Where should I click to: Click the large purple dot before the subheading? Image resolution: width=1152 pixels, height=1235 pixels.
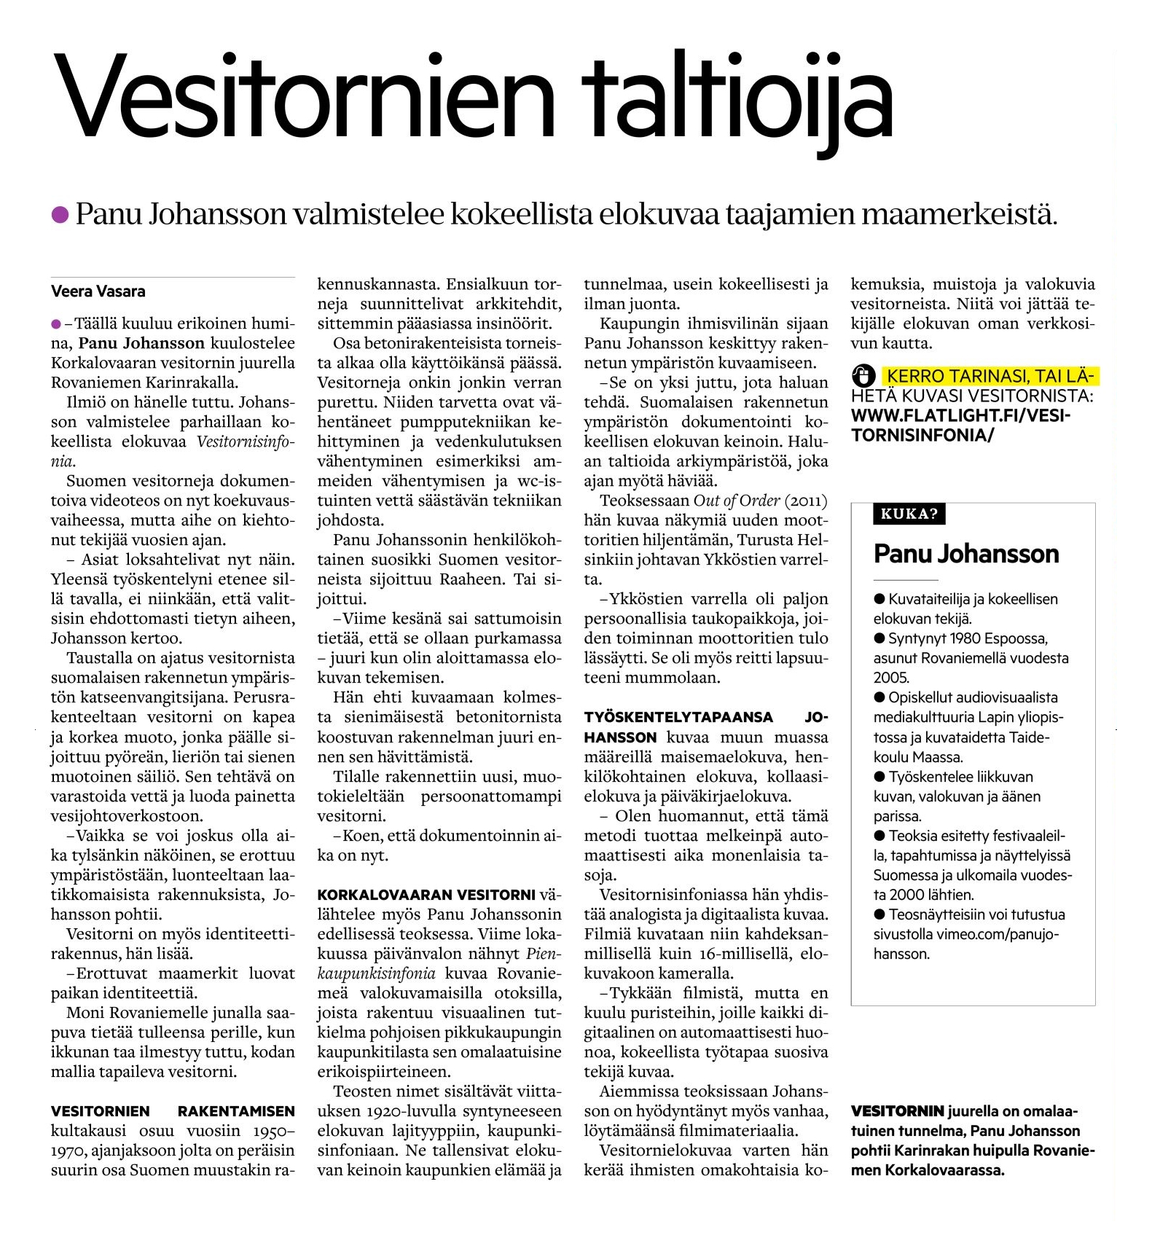coord(60,214)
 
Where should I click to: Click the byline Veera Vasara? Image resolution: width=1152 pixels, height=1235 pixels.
coord(98,291)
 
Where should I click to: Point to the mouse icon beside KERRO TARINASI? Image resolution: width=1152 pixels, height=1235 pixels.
coord(863,376)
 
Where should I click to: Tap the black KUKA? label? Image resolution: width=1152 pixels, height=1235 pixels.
coord(909,514)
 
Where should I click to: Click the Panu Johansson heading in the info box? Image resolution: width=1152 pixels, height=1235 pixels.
coord(966,554)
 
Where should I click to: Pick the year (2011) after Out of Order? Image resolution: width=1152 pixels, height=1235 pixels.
coord(806,501)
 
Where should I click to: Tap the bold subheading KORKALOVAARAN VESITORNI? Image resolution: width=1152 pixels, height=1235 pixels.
coord(426,895)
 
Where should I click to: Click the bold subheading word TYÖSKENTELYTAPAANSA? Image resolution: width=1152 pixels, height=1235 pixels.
coord(678,717)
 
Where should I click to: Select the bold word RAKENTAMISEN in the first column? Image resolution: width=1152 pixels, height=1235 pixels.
coord(236,1111)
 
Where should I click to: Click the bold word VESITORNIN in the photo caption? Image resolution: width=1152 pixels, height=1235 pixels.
coord(898,1111)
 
